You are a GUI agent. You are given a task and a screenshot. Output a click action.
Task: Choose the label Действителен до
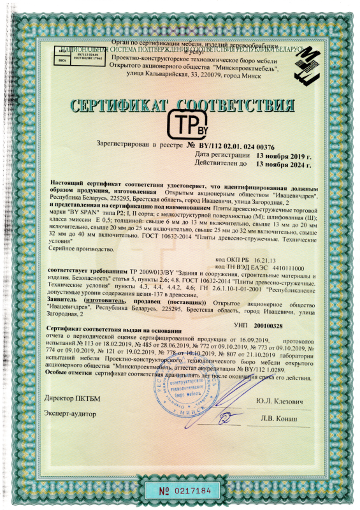221,163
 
